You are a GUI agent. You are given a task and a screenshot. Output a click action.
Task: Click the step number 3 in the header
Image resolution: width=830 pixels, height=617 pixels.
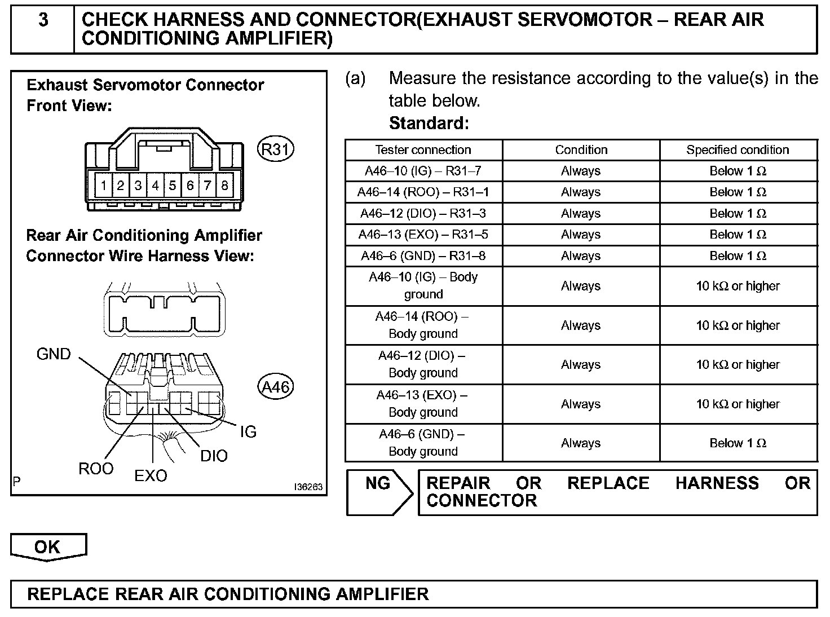(43, 21)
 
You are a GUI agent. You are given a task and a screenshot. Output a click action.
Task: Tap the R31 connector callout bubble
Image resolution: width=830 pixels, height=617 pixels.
(275, 149)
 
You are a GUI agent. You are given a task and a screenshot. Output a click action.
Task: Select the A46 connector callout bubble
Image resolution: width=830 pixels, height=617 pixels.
(276, 387)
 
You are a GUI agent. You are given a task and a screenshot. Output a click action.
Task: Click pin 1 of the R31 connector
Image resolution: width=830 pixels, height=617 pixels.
(104, 186)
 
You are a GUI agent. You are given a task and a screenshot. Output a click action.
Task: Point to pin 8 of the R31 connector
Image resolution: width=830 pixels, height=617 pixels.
(224, 186)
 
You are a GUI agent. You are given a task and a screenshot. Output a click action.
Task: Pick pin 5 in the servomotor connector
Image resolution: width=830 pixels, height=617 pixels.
(173, 186)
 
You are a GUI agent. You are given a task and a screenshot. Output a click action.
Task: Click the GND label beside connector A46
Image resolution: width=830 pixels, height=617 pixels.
(54, 355)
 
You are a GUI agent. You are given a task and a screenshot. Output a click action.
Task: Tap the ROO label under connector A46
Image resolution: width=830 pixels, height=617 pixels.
(96, 469)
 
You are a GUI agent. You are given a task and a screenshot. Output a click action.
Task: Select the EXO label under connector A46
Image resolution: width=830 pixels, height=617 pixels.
(151, 477)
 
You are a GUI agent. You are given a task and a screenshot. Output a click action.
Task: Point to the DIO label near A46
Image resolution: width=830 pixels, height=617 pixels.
(214, 456)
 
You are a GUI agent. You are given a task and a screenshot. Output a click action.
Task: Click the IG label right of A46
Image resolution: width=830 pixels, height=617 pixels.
(248, 433)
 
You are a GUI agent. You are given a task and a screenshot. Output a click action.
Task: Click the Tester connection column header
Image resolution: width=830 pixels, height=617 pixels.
(423, 150)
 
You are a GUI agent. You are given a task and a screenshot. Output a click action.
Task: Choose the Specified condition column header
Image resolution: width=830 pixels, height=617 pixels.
(738, 150)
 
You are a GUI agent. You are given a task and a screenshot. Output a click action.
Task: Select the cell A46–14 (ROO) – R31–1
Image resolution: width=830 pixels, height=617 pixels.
(423, 192)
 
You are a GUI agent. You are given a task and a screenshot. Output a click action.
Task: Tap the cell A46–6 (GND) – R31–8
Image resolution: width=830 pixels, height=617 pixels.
(423, 256)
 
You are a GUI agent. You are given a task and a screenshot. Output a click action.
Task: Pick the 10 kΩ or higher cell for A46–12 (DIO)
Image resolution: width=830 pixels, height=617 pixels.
(738, 365)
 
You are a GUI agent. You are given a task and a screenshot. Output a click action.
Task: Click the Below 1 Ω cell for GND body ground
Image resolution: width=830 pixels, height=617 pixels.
(738, 443)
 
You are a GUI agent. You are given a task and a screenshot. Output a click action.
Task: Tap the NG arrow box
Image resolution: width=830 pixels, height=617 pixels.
(379, 491)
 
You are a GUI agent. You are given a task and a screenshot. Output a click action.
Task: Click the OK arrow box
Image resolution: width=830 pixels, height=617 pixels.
(48, 547)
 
